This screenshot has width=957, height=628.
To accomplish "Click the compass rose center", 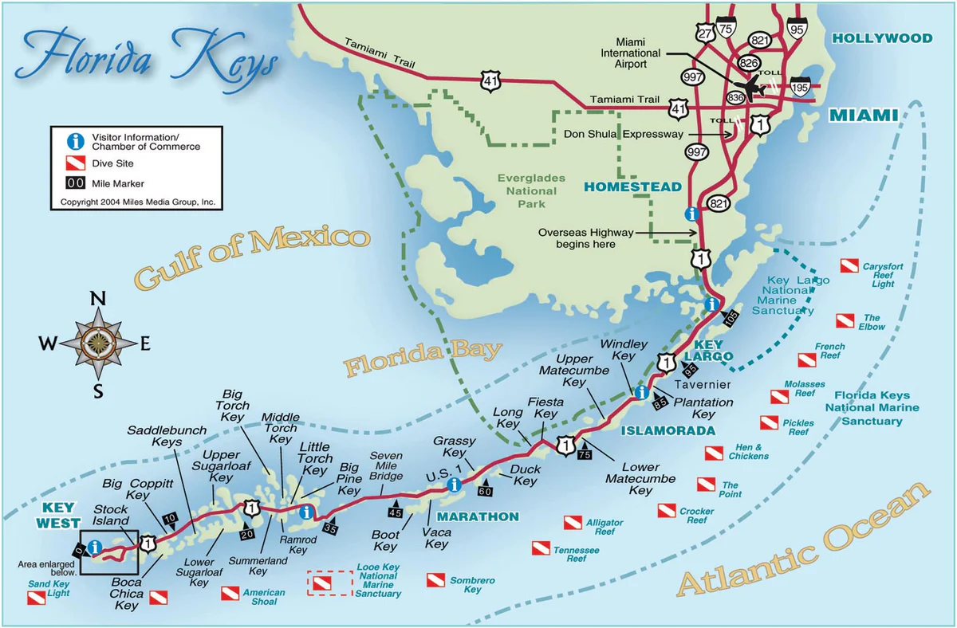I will pos(98,343).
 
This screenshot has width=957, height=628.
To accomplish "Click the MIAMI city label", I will pos(864,116).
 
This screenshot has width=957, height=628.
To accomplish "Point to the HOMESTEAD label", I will pos(633,186).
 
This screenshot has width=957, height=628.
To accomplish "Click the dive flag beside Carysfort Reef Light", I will pos(848,266).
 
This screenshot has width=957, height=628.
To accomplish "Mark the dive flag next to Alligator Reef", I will pos(573,523).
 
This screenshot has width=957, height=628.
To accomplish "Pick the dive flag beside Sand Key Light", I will pos(37,597).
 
